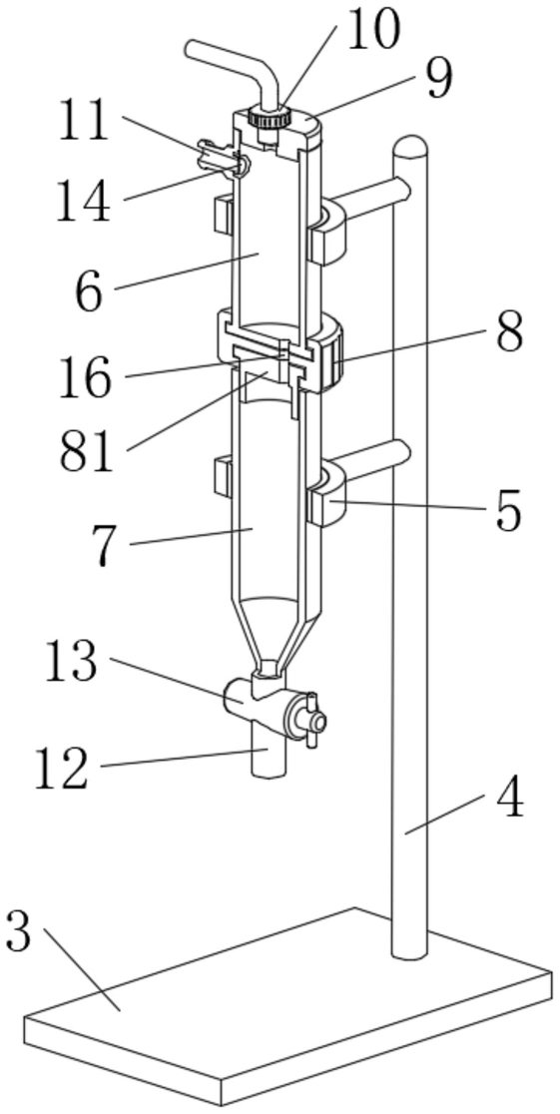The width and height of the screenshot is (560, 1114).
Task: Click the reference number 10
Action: point(373,29)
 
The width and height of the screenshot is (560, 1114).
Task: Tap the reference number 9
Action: point(440,79)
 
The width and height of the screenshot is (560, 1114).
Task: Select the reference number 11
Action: point(84,121)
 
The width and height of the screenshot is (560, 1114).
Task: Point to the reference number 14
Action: point(84,201)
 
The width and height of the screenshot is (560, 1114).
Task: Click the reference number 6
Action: point(90,291)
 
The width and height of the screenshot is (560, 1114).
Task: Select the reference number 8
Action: point(509,331)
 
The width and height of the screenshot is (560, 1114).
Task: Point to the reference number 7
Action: point(104,546)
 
